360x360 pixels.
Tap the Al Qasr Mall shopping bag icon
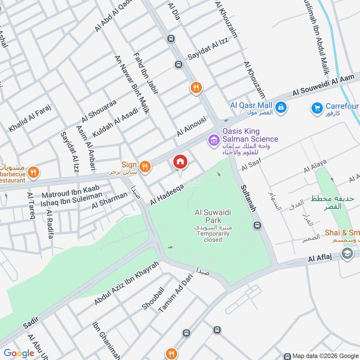[281, 108]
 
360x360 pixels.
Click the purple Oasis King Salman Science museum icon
[213, 141]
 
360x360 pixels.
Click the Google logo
[19, 353]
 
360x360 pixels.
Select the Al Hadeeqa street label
[167, 194]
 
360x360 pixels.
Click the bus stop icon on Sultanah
[257, 225]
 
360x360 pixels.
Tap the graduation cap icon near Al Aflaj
[347, 254]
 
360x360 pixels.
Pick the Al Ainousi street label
[191, 126]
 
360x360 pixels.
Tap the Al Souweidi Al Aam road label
[324, 85]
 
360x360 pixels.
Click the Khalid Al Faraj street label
[30, 118]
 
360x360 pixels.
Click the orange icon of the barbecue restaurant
[33, 172]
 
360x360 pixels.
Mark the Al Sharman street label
[110, 200]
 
